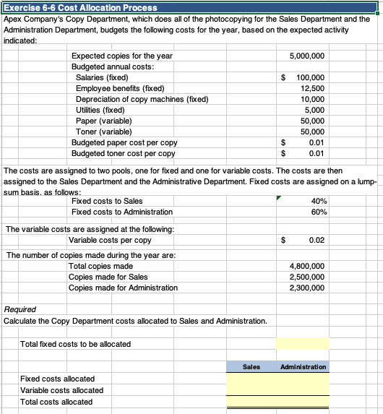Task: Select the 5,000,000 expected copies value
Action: click(306, 56)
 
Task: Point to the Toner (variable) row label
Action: click(103, 131)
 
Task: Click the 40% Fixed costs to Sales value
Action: click(318, 201)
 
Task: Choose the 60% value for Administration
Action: click(318, 212)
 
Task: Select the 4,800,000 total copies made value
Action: click(306, 267)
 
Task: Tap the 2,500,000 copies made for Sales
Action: click(306, 277)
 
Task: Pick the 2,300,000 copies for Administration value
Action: click(306, 288)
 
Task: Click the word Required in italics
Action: click(20, 310)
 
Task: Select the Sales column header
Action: click(251, 367)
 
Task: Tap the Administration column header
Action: click(301, 367)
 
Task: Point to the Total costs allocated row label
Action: click(56, 402)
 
